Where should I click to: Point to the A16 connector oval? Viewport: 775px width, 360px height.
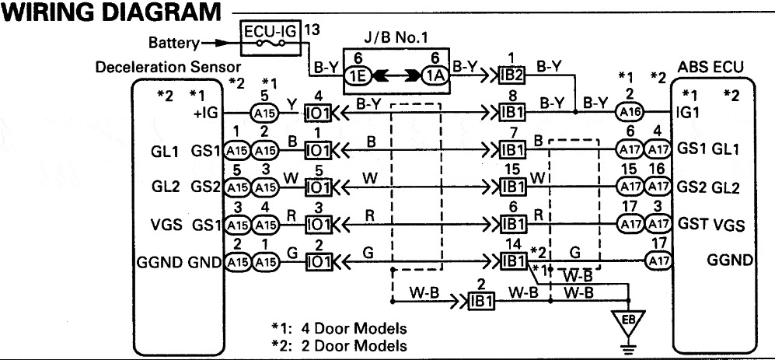(x=629, y=113)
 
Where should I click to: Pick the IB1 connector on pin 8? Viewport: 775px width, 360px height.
(x=511, y=113)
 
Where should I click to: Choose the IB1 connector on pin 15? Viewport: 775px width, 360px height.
(x=511, y=187)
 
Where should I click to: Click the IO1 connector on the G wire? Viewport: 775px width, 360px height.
(x=318, y=262)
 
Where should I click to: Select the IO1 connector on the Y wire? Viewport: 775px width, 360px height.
(x=318, y=113)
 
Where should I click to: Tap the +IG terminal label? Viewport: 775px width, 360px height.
(x=207, y=114)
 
